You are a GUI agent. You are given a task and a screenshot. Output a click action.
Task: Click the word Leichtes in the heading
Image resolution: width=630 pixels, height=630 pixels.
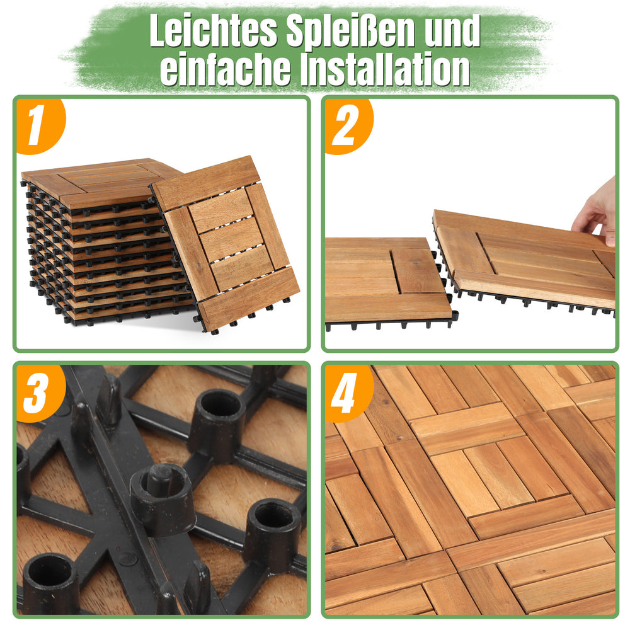(214, 30)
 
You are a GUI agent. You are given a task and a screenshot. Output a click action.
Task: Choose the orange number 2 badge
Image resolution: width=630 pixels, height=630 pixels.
(347, 125)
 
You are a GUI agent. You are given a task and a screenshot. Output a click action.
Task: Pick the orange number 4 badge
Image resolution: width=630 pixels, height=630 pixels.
(347, 392)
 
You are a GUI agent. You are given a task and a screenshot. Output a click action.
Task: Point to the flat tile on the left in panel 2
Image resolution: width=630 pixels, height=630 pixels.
(387, 280)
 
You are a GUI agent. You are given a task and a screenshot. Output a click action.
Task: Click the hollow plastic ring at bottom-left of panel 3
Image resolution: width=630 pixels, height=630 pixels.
(50, 583)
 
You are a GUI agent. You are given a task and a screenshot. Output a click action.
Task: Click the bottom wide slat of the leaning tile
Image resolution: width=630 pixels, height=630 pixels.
(249, 298)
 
